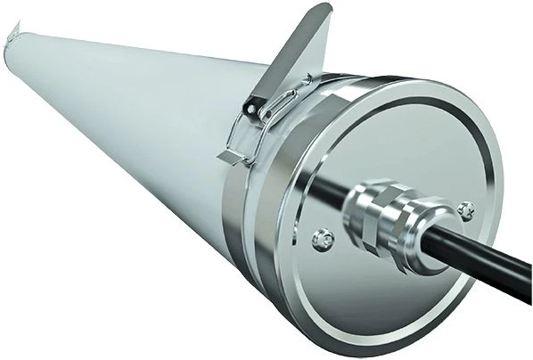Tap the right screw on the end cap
[x=464, y=209]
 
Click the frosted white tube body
[x=134, y=134]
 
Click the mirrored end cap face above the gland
[x=401, y=143]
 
